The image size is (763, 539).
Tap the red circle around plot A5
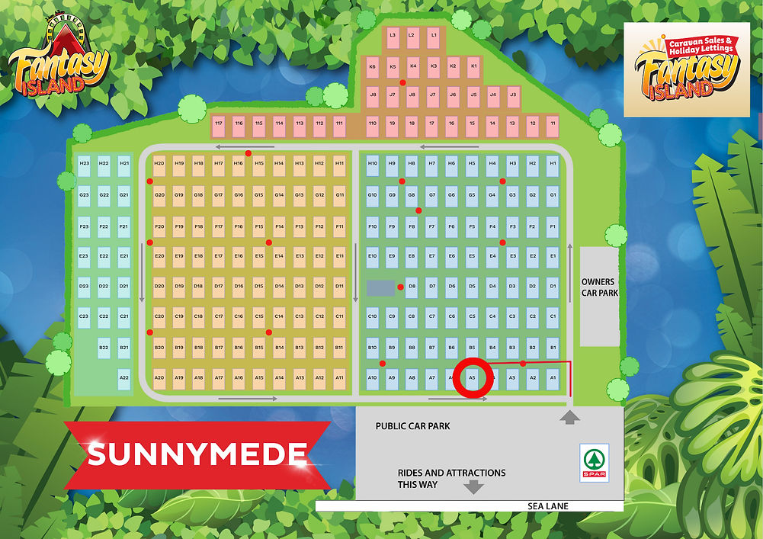pos(472,377)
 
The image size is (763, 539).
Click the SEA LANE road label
pos(547,506)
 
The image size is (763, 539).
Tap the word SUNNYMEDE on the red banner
pos(197,454)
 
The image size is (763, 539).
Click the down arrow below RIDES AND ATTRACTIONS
pos(474,487)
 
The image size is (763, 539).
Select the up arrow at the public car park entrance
pos(569,416)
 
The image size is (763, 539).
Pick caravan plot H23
pos(84,164)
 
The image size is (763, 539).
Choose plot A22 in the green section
pos(123,377)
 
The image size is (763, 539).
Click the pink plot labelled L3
pos(393,35)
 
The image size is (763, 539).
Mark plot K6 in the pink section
pos(372,67)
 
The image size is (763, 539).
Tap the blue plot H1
pos(553,164)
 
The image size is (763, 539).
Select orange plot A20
pos(159,377)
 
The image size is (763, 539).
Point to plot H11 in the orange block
pos(339,164)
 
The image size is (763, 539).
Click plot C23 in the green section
pos(84,316)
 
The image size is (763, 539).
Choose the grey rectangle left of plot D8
pos(381,287)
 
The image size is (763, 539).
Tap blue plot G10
pos(372,195)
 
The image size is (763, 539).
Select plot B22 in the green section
pos(104,348)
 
